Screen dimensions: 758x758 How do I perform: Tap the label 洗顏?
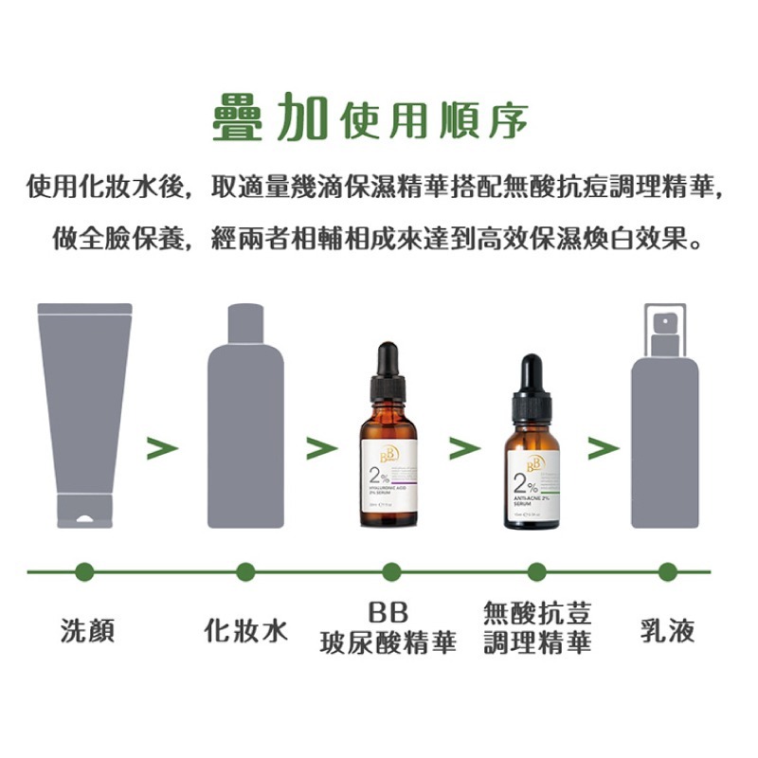(x=87, y=631)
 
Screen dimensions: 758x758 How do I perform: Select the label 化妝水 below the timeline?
(x=246, y=631)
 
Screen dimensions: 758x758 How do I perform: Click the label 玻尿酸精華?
(x=388, y=644)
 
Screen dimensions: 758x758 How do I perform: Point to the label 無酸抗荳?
(x=537, y=613)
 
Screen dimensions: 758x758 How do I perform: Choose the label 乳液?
(x=668, y=631)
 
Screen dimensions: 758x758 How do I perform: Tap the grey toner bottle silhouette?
(x=245, y=426)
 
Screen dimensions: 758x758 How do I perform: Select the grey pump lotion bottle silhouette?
(x=664, y=436)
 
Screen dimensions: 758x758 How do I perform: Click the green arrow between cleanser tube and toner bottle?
(x=162, y=448)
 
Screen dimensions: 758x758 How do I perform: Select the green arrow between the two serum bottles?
(x=463, y=448)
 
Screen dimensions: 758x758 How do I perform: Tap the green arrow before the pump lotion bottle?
(x=603, y=448)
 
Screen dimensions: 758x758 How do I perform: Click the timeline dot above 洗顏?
(x=84, y=571)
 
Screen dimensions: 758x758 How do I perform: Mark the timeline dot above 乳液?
(x=668, y=571)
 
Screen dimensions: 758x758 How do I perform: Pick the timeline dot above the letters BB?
(x=391, y=571)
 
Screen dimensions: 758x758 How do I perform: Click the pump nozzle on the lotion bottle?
(x=662, y=322)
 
